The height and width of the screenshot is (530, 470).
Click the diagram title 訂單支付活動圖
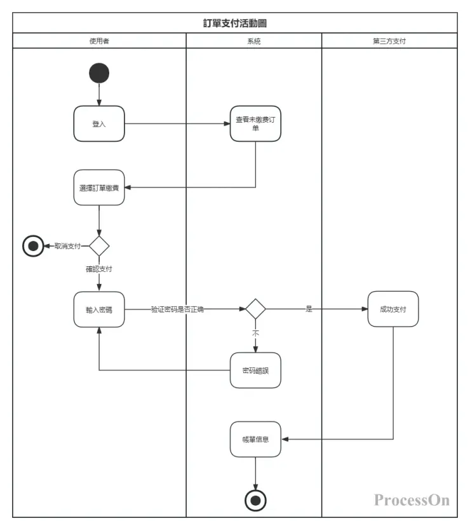tap(234, 23)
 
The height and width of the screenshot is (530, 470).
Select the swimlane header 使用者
tap(99, 41)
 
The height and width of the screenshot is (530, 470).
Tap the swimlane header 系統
tap(254, 41)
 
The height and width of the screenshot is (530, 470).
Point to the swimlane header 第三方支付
tap(389, 41)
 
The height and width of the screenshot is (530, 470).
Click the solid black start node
tap(99, 73)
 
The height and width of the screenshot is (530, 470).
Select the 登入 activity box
tap(99, 124)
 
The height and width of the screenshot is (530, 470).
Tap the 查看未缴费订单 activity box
tap(255, 123)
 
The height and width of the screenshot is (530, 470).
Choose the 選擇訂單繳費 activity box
tap(99, 187)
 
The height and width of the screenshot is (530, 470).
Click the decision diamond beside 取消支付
tap(99, 245)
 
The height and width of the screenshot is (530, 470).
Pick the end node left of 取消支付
tap(33, 245)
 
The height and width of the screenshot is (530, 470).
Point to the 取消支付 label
tap(67, 246)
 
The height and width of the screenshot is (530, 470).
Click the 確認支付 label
tap(99, 269)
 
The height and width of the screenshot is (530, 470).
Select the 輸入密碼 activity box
tap(99, 309)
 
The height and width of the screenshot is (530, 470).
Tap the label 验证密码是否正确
tap(177, 309)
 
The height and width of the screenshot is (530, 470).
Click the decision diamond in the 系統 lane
tap(255, 309)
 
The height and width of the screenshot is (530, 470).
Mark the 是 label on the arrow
tap(309, 309)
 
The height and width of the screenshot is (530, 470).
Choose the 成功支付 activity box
tap(393, 309)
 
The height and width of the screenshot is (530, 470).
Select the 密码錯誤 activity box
tap(255, 370)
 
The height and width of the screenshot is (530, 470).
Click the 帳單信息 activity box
tap(255, 438)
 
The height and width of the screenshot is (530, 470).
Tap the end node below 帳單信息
tap(255, 501)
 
